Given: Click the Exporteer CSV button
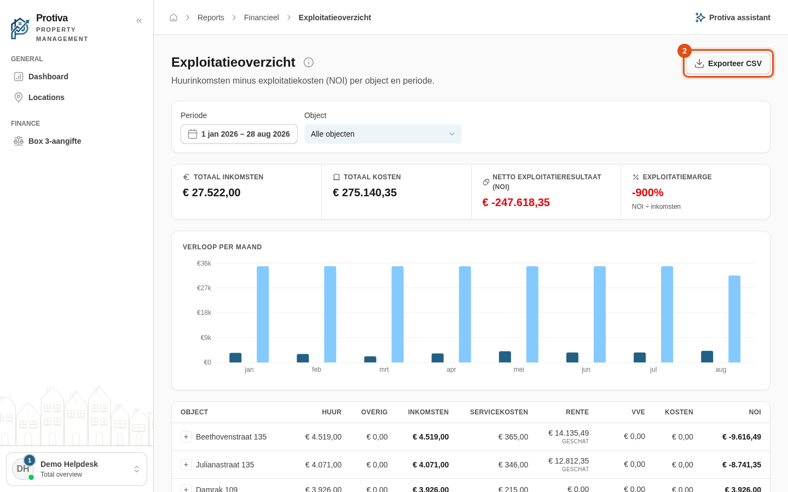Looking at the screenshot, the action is tap(728, 63).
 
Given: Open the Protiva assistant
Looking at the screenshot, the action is tap(733, 17).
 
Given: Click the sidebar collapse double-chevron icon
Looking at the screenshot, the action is tap(139, 21).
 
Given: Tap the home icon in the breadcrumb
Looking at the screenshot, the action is tap(173, 17).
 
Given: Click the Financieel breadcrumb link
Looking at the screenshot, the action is tap(262, 17).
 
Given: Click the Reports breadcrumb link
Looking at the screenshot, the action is tap(211, 17).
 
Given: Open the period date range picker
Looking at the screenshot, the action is tap(239, 134).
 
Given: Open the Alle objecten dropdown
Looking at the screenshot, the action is tap(383, 134).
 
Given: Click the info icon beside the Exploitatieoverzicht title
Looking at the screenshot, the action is tap(309, 62).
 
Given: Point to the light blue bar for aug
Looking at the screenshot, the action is tap(734, 319).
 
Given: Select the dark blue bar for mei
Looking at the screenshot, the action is tap(505, 356).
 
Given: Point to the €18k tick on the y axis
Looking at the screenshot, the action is tap(204, 313).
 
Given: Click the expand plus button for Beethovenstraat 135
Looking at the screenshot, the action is tap(186, 437).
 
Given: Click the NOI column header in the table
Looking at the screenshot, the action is tap(755, 412).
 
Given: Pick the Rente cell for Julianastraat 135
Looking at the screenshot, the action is tap(568, 464).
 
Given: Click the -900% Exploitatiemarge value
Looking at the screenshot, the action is tap(648, 192).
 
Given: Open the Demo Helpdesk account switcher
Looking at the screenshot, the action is tap(77, 469).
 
